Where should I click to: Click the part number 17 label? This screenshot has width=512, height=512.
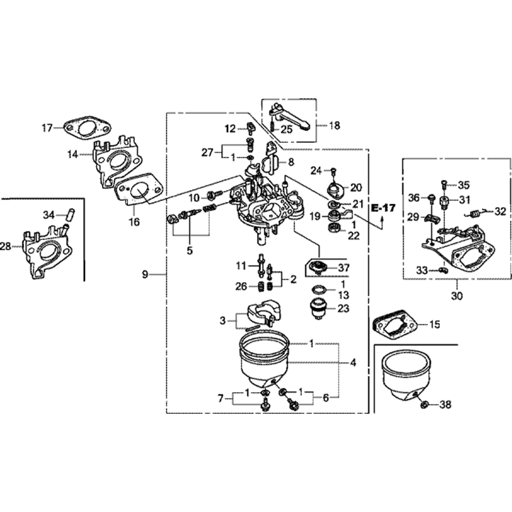tap(47, 127)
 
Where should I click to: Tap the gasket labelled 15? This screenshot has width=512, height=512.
tap(395, 325)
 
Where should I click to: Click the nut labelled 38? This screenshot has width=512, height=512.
tap(424, 405)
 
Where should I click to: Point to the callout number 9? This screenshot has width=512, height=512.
tap(145, 275)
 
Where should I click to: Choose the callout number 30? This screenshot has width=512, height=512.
tap(457, 295)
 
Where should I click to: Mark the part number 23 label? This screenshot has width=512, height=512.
tap(344, 309)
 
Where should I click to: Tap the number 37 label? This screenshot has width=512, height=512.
tap(344, 267)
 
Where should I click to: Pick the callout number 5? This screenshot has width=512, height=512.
tap(190, 251)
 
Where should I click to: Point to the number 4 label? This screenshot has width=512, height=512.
tap(353, 363)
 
